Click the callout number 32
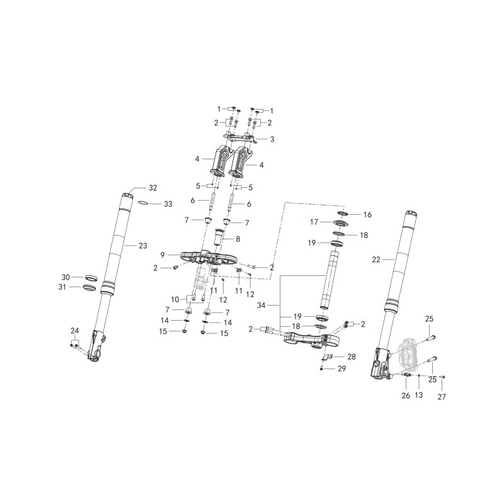pos(152,188)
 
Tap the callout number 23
pos(143,246)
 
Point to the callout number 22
pos(375,260)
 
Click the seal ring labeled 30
pos(91,277)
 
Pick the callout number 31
pos(62,287)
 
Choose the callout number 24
pos(74,331)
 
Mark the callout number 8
pos(238,239)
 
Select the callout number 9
pos(163,255)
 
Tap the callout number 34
pos(261,305)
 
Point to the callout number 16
pos(367,214)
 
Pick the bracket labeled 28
pos(326,357)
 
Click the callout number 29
pos(341,369)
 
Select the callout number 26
pos(406,396)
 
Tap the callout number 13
pos(418,395)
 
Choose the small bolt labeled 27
pos(442,377)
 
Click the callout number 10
pos(175,300)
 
